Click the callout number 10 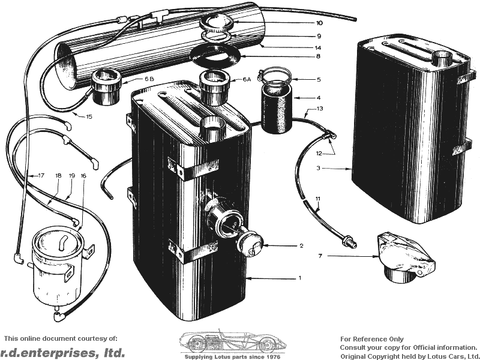point(319,23)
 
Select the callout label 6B point(149,79)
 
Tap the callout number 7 point(320,256)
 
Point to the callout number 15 point(89,116)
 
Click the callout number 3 point(319,168)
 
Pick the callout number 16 point(83,176)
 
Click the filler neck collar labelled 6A point(215,88)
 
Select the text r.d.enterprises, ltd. point(62,353)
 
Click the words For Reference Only point(372,339)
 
